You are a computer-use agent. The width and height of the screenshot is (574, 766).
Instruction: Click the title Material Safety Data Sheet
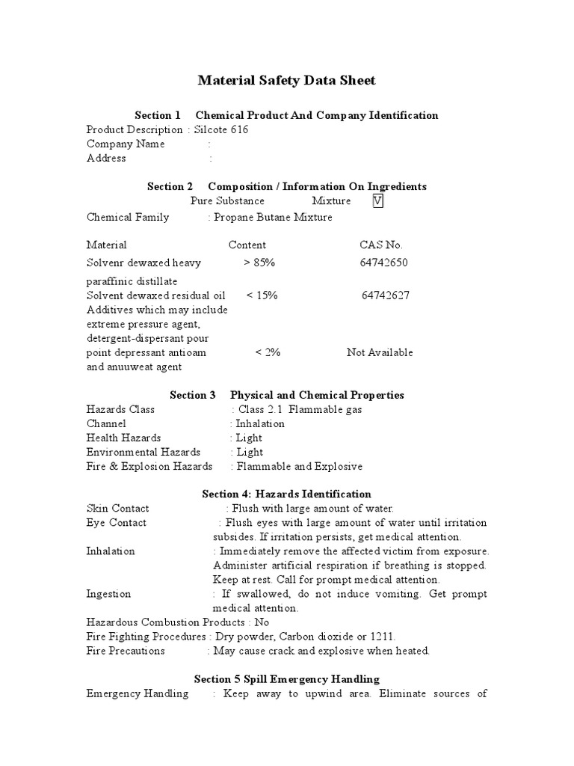[286, 80]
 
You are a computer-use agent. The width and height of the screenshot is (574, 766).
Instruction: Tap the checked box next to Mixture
[377, 201]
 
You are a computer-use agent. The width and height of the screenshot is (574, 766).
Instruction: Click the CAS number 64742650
[384, 263]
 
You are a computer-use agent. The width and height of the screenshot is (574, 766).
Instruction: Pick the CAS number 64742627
[385, 295]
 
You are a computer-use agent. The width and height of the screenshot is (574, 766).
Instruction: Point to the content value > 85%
[259, 263]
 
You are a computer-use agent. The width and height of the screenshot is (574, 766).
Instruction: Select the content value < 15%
[262, 295]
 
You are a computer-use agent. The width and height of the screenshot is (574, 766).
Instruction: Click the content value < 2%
[268, 352]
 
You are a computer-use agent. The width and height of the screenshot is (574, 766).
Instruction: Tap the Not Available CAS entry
[380, 352]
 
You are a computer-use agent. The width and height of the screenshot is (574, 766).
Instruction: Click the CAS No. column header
[381, 245]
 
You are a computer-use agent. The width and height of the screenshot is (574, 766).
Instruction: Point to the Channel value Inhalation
[260, 423]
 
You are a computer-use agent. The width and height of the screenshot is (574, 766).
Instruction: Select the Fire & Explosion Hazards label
[149, 466]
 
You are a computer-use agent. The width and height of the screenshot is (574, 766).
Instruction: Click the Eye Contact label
[117, 523]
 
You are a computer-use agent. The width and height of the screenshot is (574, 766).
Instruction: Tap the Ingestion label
[108, 594]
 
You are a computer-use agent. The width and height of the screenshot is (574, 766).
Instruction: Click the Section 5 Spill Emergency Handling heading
[287, 679]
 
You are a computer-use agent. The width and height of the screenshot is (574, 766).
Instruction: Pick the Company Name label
[126, 144]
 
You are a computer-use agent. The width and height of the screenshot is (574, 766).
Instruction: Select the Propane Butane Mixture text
[273, 217]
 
